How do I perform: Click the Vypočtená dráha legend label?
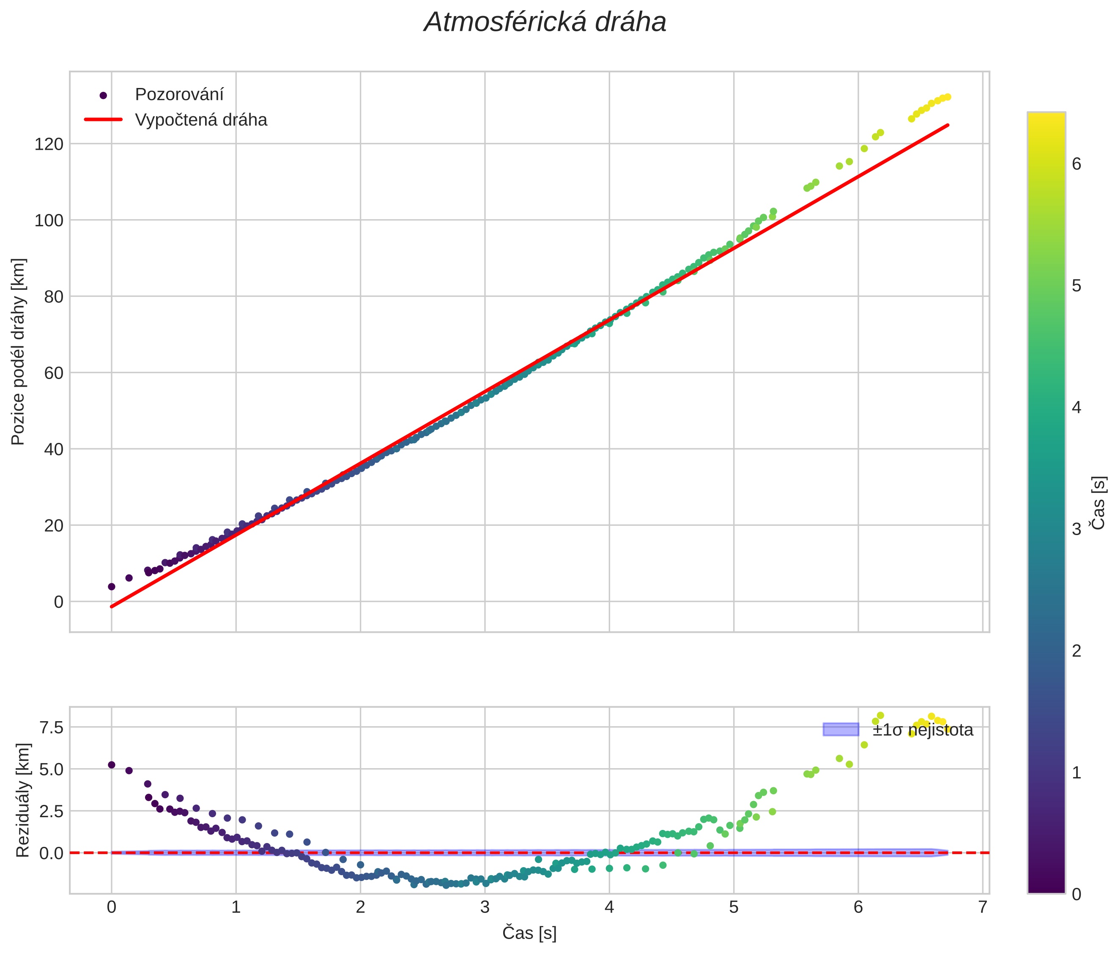pyautogui.click(x=201, y=120)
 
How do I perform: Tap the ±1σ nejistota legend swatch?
pyautogui.click(x=840, y=730)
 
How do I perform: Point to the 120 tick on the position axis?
pyautogui.click(x=49, y=144)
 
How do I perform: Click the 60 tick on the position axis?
pyautogui.click(x=53, y=373)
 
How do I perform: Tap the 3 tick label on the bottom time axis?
pyautogui.click(x=485, y=907)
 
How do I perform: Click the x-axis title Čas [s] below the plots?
pyautogui.click(x=529, y=933)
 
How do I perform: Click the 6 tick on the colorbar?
pyautogui.click(x=1077, y=164)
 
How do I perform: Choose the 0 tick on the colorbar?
pyautogui.click(x=1077, y=895)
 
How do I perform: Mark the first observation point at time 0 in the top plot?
pyautogui.click(x=112, y=587)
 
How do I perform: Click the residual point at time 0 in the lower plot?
pyautogui.click(x=112, y=765)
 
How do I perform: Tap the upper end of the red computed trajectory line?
pyautogui.click(x=948, y=125)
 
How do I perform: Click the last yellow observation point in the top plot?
pyautogui.click(x=948, y=97)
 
